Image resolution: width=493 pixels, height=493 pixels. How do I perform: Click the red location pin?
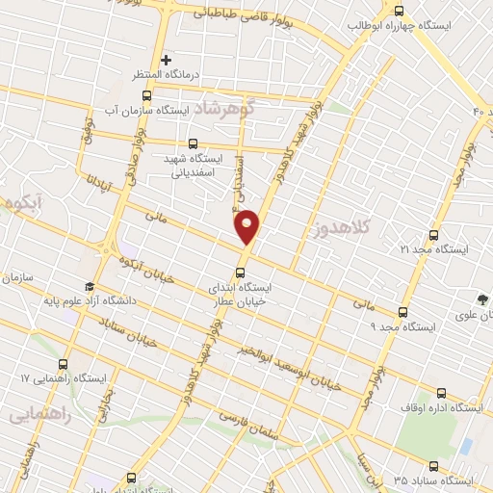[x=247, y=226]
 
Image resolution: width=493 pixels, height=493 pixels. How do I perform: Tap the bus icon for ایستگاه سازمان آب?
[x=146, y=95]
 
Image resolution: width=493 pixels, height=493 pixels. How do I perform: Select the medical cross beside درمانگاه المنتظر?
[x=167, y=60]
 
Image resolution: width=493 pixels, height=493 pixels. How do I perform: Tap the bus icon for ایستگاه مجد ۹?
[x=403, y=312]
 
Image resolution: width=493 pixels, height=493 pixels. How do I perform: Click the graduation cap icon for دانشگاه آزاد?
[x=90, y=286]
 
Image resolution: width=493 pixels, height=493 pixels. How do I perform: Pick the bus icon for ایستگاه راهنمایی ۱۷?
[x=64, y=364]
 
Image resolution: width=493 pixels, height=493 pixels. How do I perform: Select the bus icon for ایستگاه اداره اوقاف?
[x=441, y=393]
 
